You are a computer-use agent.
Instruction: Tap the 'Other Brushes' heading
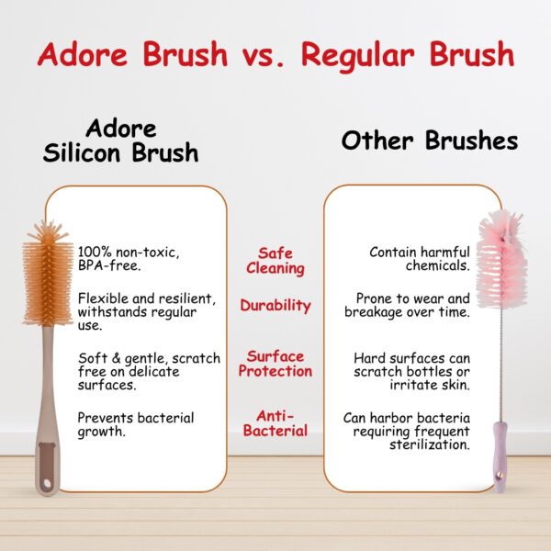point(430,141)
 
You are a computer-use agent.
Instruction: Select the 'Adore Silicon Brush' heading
point(120,141)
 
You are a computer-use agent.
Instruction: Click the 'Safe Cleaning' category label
point(275,261)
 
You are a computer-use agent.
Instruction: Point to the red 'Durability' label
point(275,306)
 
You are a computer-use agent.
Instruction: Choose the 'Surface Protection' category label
point(275,364)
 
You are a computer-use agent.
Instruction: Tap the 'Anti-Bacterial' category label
point(275,423)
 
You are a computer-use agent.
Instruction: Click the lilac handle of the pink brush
point(500,456)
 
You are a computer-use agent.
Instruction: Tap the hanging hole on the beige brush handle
point(48,484)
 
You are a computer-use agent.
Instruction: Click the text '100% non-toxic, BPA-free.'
point(129,259)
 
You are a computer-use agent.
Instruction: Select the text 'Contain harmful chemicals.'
point(420,259)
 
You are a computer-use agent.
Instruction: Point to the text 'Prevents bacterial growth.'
point(136,424)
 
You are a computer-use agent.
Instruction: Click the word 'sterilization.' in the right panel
point(430,444)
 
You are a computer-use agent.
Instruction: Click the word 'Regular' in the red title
point(358,56)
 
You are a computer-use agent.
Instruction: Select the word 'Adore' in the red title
point(83,55)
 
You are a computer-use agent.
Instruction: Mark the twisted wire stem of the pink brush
point(502,364)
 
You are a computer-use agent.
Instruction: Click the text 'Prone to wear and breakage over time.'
point(407,305)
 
